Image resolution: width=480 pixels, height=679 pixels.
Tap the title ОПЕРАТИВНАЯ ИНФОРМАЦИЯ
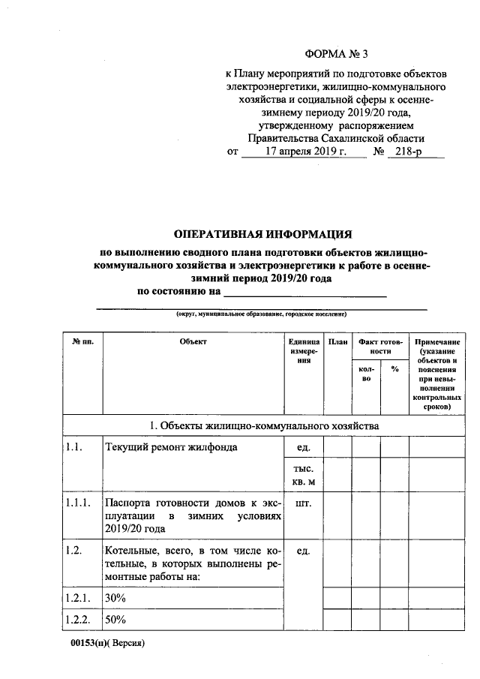point(262,234)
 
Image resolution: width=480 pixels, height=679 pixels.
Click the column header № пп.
point(82,342)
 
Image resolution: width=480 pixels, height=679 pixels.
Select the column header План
point(337,342)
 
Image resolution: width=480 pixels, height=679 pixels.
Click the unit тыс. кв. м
point(304,474)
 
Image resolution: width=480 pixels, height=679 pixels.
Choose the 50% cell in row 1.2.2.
point(115,620)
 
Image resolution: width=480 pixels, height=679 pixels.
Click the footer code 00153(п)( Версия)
point(105,644)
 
